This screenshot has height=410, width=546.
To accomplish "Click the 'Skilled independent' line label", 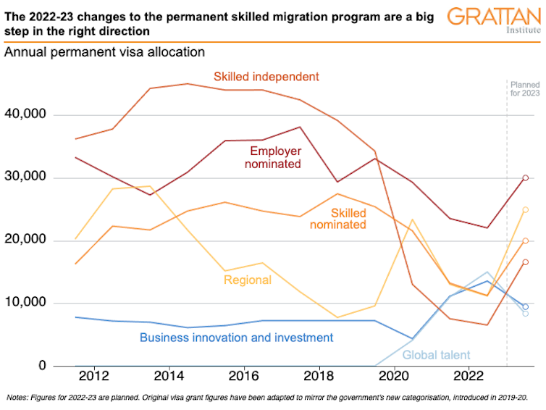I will click(266, 76).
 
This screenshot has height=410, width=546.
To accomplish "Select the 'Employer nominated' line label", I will click(275, 158).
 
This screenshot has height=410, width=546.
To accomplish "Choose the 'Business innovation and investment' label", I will click(236, 338).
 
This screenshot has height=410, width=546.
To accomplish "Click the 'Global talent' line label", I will click(436, 355).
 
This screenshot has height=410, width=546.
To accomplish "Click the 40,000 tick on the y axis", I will click(25, 114).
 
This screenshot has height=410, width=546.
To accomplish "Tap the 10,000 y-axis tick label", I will click(25, 303).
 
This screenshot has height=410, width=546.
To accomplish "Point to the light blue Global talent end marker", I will click(526, 313).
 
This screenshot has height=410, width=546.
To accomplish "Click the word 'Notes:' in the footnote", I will click(17, 398).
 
